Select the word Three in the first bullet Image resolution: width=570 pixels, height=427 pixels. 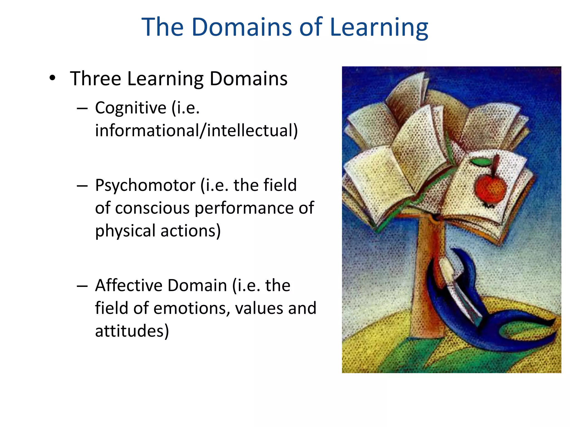(95, 79)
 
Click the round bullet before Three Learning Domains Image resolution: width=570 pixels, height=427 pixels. (52, 78)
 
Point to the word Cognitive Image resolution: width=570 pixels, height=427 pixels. (131, 108)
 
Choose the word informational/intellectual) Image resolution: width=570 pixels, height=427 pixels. (196, 130)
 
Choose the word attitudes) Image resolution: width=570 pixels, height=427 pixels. (132, 331)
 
